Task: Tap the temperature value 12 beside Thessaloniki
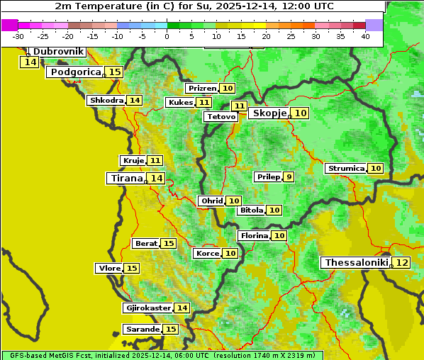coord(401,263)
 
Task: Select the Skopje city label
coord(269,113)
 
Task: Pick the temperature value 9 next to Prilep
coord(289,176)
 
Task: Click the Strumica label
coord(345,169)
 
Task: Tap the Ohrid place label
coord(211,201)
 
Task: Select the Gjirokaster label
coord(147,308)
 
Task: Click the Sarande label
coord(142,330)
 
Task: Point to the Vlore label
coord(108,269)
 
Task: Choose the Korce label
coord(207,254)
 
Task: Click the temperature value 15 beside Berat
coord(168,244)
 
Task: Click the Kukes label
coord(179,103)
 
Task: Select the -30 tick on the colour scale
coord(18,36)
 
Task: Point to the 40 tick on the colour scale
coord(365,36)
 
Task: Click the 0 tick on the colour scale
coord(167,36)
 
